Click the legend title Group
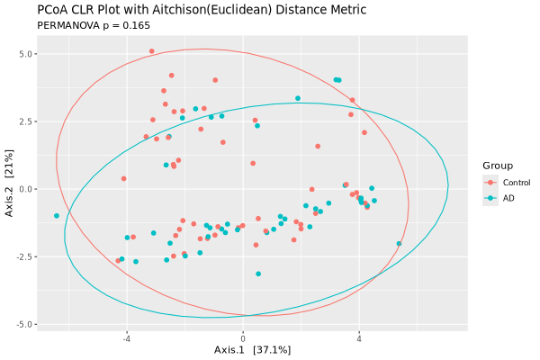[x=497, y=166]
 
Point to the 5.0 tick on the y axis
[x=28, y=54]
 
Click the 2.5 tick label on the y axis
[x=28, y=121]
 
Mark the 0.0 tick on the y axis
[x=28, y=189]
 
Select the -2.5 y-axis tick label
[x=26, y=256]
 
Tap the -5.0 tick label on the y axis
[x=26, y=324]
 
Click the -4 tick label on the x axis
[x=126, y=338]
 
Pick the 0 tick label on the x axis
[x=243, y=338]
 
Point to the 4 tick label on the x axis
[x=359, y=338]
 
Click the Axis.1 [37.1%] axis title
[x=253, y=349]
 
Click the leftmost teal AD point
[x=57, y=216]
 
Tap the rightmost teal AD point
[x=399, y=243]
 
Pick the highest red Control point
[x=151, y=51]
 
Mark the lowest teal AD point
[x=258, y=274]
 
